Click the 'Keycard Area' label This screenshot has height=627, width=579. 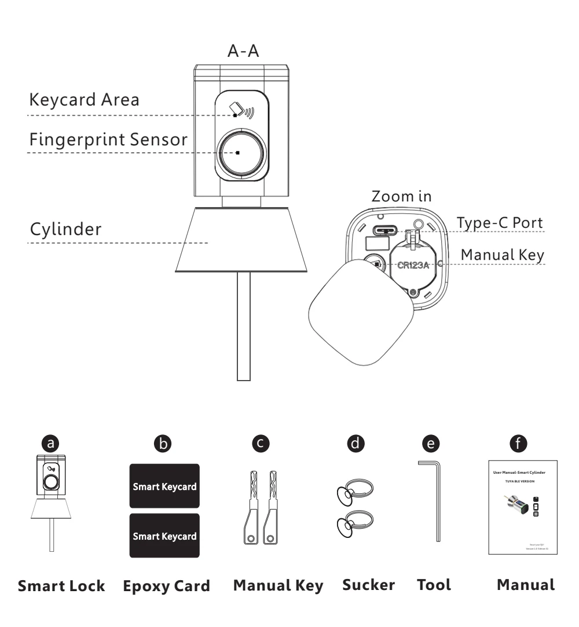coord(84,99)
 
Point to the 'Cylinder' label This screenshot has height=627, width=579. coord(67,229)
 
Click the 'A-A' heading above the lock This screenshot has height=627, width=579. coord(243,52)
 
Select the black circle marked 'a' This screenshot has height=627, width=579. coord(52,444)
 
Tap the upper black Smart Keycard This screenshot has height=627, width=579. coord(164,486)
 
